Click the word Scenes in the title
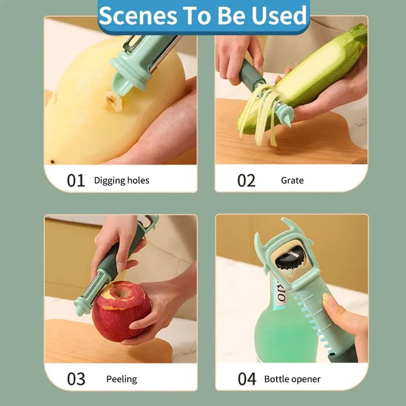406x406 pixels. click(x=138, y=16)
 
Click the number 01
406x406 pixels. click(x=75, y=180)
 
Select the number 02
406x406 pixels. click(x=246, y=180)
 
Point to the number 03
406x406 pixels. click(x=76, y=379)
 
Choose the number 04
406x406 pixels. click(x=246, y=379)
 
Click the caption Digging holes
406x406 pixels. click(x=121, y=180)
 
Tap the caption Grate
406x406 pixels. click(x=292, y=180)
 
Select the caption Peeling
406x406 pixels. click(x=122, y=379)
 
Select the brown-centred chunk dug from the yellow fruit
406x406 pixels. click(x=114, y=101)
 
